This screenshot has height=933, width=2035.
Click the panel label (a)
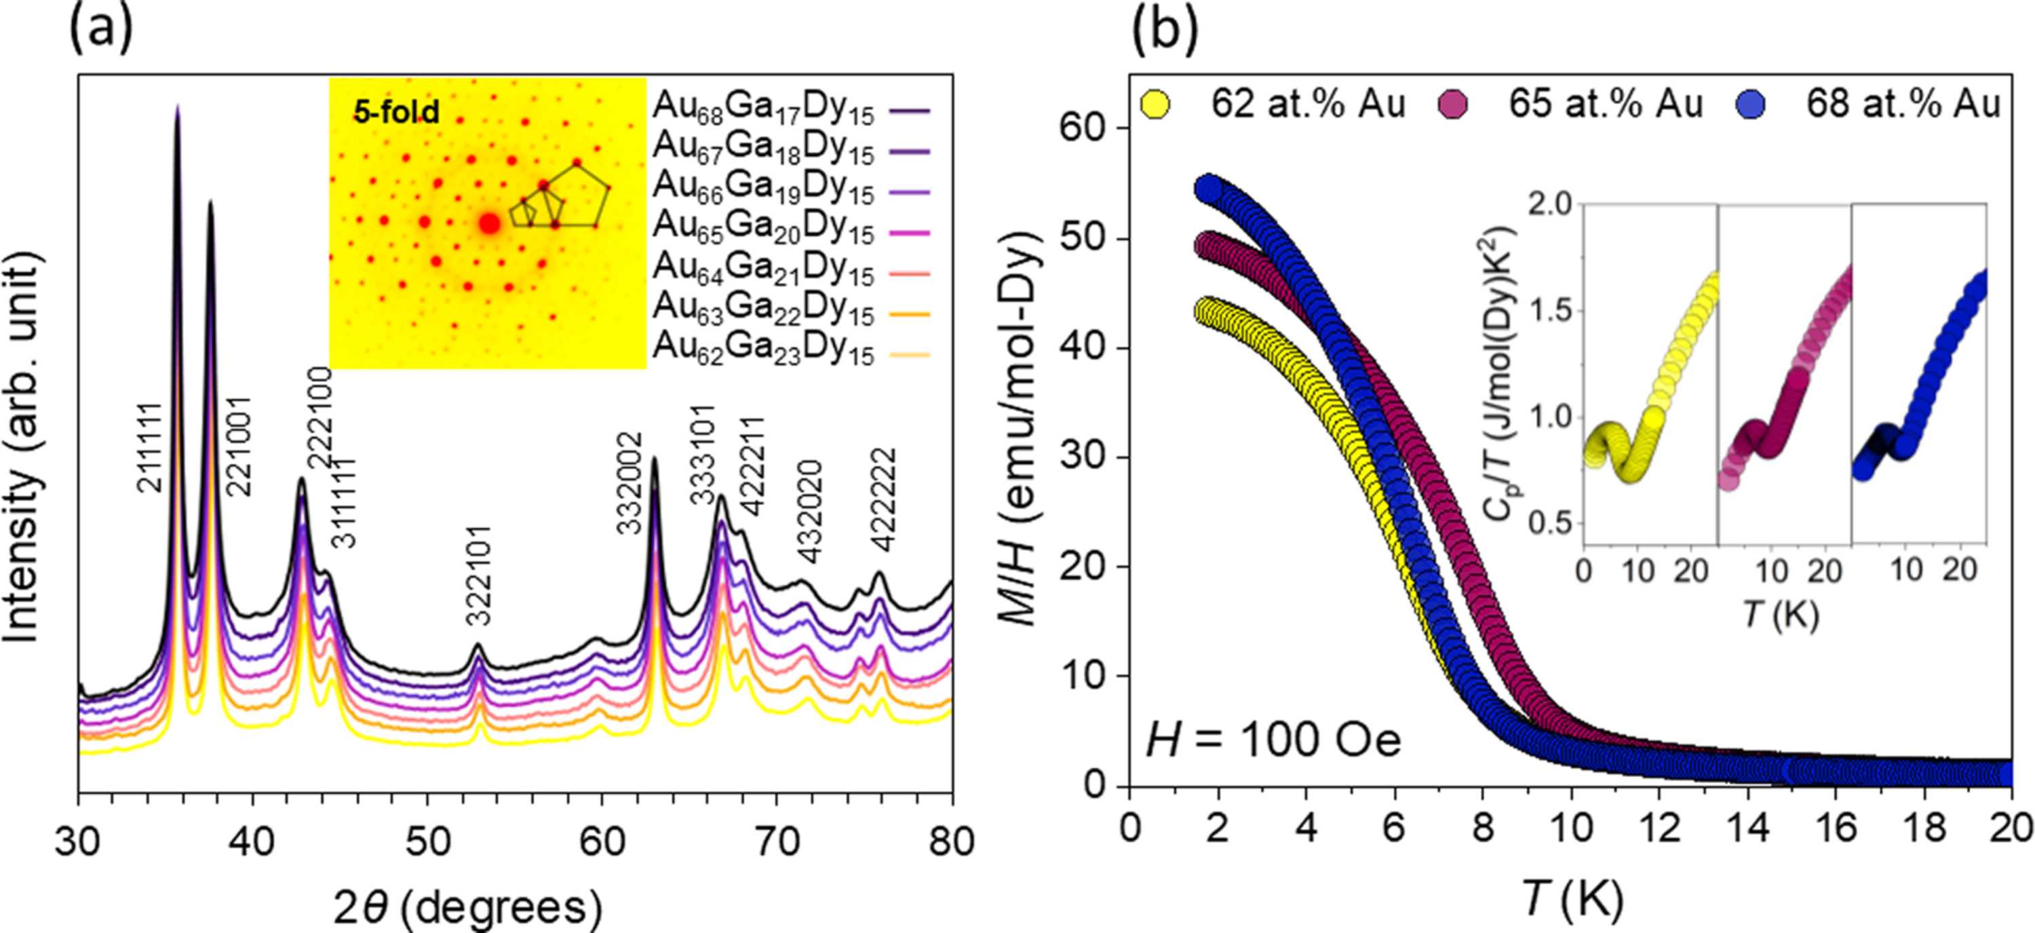[101, 29]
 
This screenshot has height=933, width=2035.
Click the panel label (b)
[1165, 29]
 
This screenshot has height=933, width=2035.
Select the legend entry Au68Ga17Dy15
[763, 111]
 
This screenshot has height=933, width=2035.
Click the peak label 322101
[478, 574]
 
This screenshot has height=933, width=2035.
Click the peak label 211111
[149, 448]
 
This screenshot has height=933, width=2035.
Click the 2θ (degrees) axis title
[467, 908]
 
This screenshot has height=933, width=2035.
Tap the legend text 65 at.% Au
[1604, 104]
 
